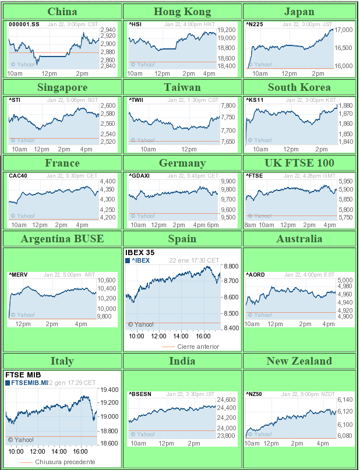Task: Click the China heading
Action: pos(62,12)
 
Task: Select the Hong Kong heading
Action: pos(182,12)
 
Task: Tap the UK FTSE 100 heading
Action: pos(299,162)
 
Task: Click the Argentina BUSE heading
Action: pos(62,238)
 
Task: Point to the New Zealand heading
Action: pos(299,361)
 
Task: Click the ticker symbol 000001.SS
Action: pos(24,24)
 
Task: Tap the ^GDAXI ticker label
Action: pos(138,175)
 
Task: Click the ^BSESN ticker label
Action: pos(140,394)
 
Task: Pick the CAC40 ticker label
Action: pos(17,175)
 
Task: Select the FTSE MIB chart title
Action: pos(22,374)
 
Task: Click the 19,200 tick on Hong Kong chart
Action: pos(226,30)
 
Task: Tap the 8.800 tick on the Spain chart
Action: pos(231,266)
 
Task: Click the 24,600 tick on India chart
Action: pos(226,400)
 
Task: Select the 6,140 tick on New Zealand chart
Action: pos(345,400)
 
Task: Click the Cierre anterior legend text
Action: pos(198,347)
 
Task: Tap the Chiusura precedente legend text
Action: pos(65,462)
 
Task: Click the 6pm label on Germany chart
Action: pos(213,225)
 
